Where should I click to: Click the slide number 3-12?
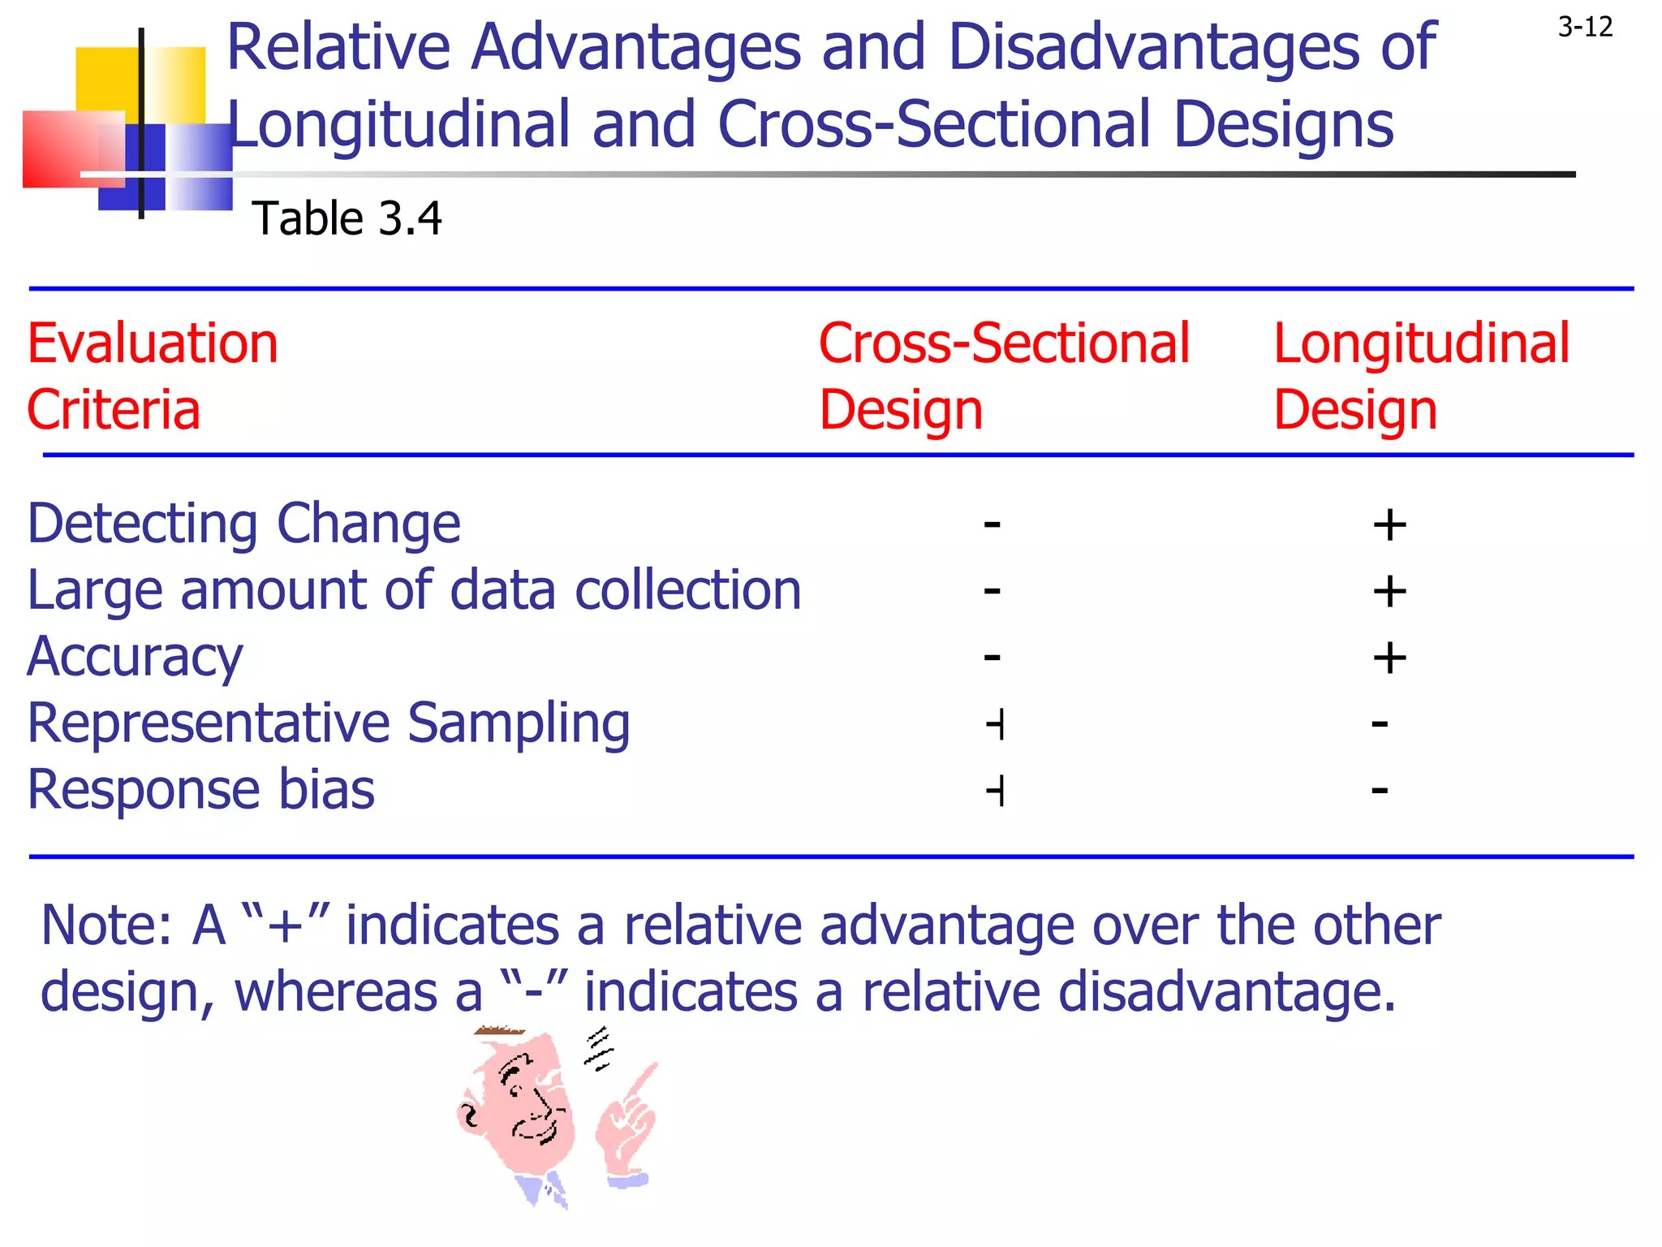coord(1585,28)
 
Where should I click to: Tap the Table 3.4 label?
coord(347,218)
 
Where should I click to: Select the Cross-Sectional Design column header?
coord(1004,376)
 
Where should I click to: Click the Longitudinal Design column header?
coord(1421,376)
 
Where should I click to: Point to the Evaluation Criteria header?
coord(153,376)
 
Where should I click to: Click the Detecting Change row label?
coord(243,524)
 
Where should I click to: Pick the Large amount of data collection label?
coord(414,590)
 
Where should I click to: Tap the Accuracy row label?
coord(135,657)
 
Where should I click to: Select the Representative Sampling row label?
coord(329,723)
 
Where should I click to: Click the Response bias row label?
coord(200,790)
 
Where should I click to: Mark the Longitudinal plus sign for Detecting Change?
coord(1389,525)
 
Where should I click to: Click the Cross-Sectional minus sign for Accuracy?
coord(992,656)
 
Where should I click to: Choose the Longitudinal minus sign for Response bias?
coord(1380,789)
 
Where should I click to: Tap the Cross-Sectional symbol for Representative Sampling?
coord(996,723)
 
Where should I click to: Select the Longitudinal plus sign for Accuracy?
coord(1389,658)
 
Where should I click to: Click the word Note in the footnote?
coord(104,926)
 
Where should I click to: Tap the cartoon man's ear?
coord(470,1117)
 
